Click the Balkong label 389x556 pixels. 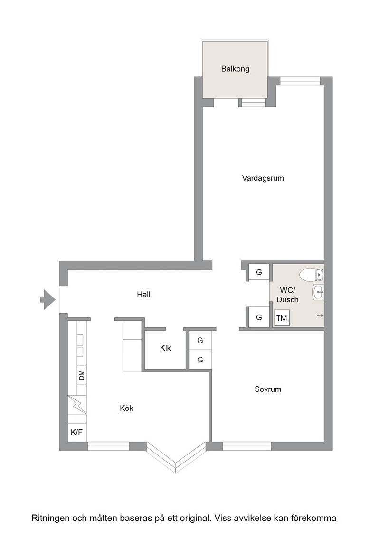pyautogui.click(x=235, y=69)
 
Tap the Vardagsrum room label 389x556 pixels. pyautogui.click(x=263, y=178)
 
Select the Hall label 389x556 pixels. pyautogui.click(x=144, y=294)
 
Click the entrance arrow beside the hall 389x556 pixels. pyautogui.click(x=48, y=300)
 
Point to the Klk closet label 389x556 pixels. pyautogui.click(x=165, y=348)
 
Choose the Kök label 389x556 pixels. pyautogui.click(x=126, y=408)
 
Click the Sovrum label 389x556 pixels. pyautogui.click(x=268, y=389)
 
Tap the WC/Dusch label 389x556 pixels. pyautogui.click(x=287, y=295)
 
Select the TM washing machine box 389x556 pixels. pyautogui.click(x=282, y=318)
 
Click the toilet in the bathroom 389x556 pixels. pyautogui.click(x=311, y=275)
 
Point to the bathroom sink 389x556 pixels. pyautogui.click(x=318, y=293)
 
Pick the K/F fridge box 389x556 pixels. pyautogui.click(x=76, y=432)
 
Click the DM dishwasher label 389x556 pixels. pyautogui.click(x=82, y=375)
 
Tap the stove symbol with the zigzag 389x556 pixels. pyautogui.click(x=77, y=405)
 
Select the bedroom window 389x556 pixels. pyautogui.click(x=247, y=446)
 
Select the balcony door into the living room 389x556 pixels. pyautogui.click(x=252, y=102)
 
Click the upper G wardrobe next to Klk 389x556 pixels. pyautogui.click(x=200, y=341)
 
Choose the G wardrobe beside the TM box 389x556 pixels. pyautogui.click(x=259, y=317)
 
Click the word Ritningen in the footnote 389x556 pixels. pyautogui.click(x=50, y=518)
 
